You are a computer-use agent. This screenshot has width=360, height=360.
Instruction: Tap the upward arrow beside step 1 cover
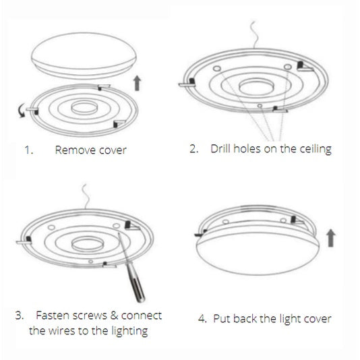click(137, 82)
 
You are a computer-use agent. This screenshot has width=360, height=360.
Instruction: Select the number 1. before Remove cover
click(29, 150)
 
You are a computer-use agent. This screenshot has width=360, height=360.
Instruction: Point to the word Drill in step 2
click(222, 149)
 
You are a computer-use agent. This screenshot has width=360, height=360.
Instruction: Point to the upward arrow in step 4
click(332, 238)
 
